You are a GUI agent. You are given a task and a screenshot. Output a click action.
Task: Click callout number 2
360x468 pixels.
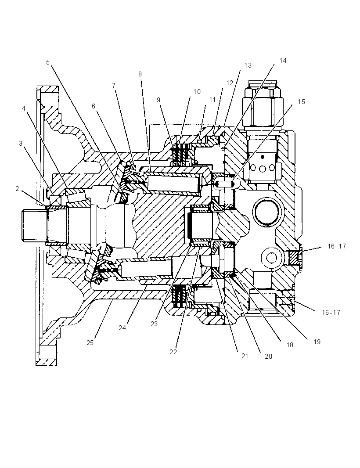(x=17, y=189)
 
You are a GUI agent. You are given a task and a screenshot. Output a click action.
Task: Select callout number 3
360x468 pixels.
(x=21, y=144)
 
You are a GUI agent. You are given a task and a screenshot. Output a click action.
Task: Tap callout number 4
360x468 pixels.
(x=24, y=108)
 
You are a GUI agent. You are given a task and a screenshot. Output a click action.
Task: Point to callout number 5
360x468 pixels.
(x=48, y=62)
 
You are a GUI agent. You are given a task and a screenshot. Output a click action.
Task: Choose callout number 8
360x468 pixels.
(x=140, y=74)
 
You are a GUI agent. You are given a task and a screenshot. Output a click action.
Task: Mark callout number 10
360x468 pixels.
(x=197, y=92)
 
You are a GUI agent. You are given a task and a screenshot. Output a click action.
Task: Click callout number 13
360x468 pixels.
(x=248, y=65)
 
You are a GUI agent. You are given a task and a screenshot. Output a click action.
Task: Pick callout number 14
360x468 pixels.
(x=283, y=61)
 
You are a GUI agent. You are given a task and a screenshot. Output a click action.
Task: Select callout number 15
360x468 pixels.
(x=302, y=102)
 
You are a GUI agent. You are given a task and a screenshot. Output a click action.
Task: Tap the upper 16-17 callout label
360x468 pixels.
(x=337, y=246)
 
